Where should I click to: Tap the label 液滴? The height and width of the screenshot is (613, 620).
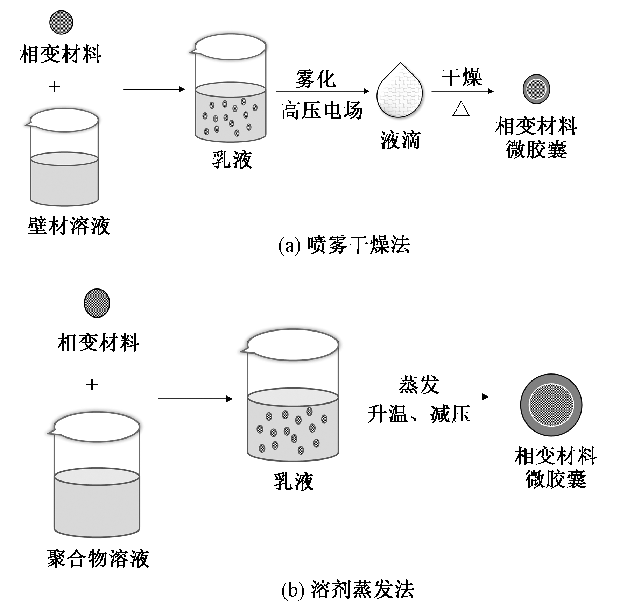(x=400, y=140)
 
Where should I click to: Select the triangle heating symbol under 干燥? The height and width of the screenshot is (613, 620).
(x=461, y=109)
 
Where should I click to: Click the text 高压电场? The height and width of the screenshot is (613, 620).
(x=322, y=111)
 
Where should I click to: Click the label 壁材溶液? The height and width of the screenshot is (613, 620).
(x=69, y=226)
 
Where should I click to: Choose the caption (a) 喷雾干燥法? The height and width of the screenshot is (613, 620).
(x=344, y=244)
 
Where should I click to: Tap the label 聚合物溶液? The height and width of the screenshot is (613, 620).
(x=98, y=558)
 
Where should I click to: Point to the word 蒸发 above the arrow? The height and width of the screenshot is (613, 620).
(x=419, y=385)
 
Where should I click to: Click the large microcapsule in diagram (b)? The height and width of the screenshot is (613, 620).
(x=551, y=405)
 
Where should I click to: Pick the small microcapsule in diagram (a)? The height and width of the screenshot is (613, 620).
(x=536, y=89)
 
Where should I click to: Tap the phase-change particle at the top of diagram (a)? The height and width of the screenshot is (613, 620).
(x=61, y=22)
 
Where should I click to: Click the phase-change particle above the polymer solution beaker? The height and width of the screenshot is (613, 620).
(x=97, y=303)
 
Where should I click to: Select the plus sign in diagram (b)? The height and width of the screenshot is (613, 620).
(x=92, y=385)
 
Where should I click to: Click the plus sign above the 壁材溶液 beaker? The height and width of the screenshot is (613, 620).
(x=54, y=86)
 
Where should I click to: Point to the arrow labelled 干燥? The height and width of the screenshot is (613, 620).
(x=462, y=91)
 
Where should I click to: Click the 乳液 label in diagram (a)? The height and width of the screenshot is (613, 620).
(x=232, y=160)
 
